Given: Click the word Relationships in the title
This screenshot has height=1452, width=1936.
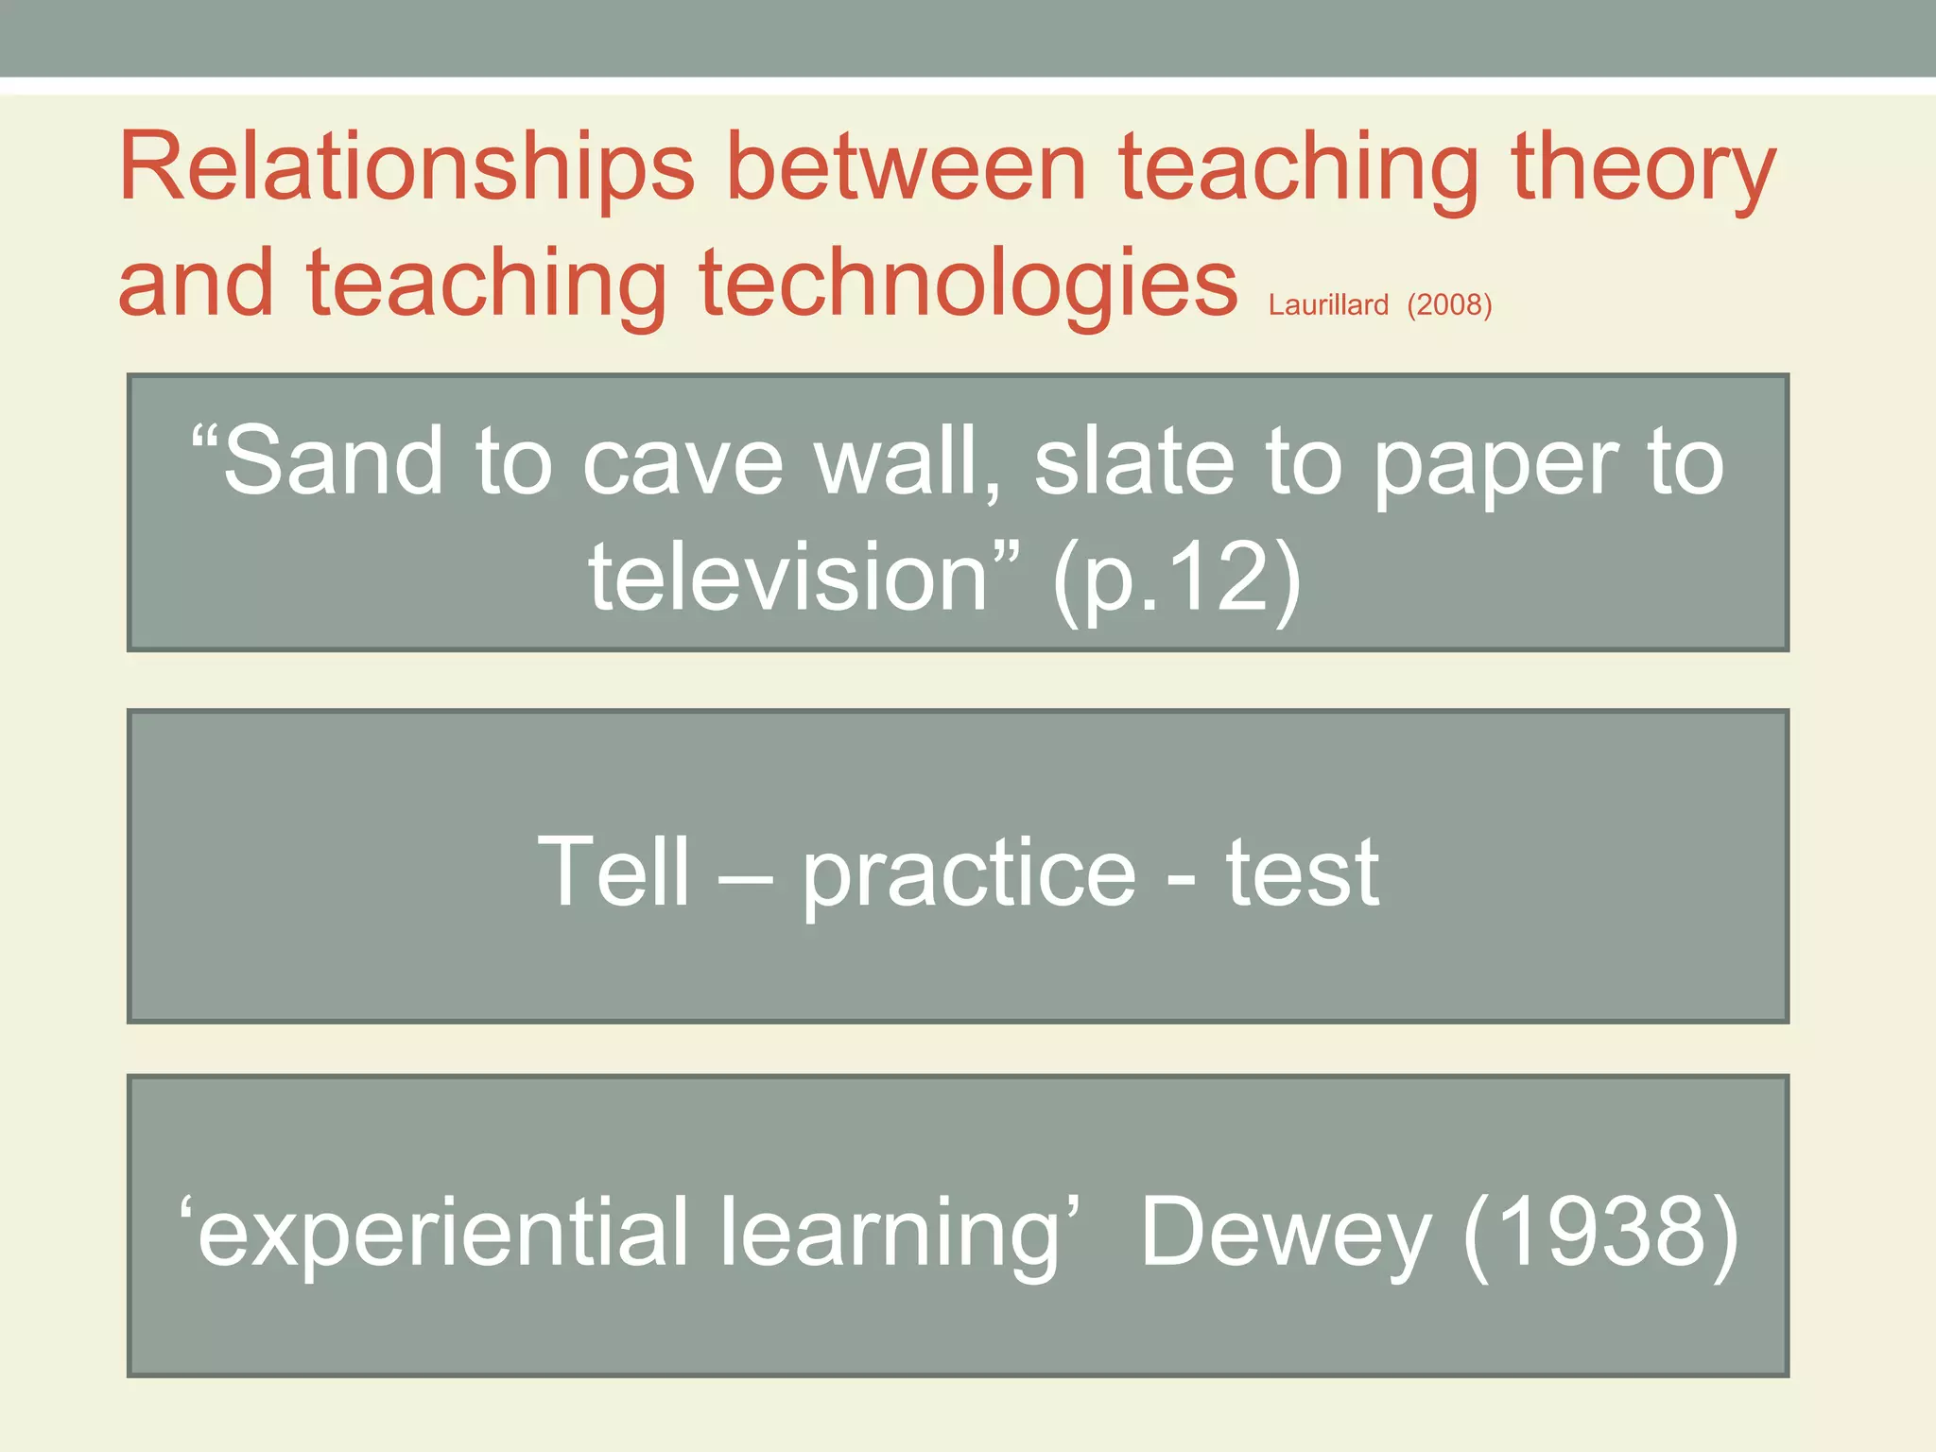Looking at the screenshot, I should pos(406,170).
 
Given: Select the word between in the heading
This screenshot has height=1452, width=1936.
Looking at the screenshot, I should pos(907,170).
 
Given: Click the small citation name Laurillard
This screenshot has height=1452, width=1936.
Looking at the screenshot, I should pos(1328,305).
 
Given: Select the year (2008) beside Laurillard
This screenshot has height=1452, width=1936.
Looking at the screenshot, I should pos(1449,305).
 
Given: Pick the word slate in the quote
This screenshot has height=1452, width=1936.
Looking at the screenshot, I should pos(1134,462).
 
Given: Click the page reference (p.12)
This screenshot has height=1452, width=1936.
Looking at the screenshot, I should pos(1177,579).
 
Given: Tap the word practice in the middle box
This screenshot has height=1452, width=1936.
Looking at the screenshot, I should pos(969,874).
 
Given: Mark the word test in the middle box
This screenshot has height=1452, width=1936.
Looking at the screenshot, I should pos(1303,874).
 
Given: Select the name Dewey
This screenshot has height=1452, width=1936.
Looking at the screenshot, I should pos(1286,1233).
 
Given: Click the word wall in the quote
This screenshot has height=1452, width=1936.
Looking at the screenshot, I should pos(907,462).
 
